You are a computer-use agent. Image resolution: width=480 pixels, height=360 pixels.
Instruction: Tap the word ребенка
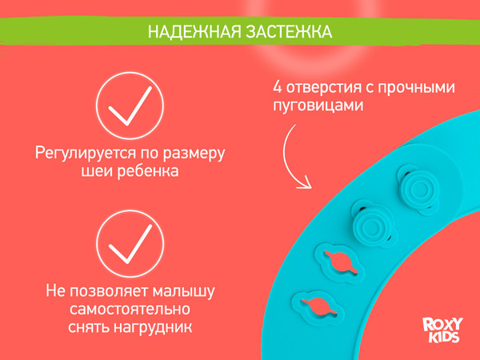pos(146,171)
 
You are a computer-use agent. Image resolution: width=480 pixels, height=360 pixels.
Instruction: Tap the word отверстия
pos(314,86)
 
